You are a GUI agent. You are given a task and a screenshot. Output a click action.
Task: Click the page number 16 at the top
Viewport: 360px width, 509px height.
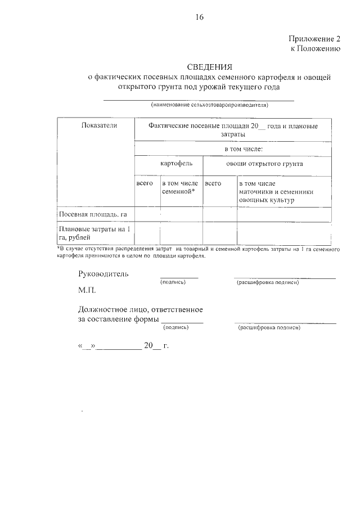(199, 17)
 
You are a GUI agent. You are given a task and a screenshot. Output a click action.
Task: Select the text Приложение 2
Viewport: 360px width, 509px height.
(314, 39)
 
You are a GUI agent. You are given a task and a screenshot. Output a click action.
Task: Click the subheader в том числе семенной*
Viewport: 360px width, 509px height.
(179, 187)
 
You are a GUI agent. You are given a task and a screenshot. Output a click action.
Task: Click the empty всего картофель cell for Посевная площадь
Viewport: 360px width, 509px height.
(147, 214)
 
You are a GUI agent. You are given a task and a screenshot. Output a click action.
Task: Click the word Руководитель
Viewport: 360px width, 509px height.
(103, 274)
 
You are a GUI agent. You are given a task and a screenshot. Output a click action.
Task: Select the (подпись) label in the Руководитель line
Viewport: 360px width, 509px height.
(173, 282)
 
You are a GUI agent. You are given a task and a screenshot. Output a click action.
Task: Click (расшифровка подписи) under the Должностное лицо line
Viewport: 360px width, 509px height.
(269, 327)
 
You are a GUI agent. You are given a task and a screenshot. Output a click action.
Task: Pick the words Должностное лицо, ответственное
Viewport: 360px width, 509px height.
(140, 309)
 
